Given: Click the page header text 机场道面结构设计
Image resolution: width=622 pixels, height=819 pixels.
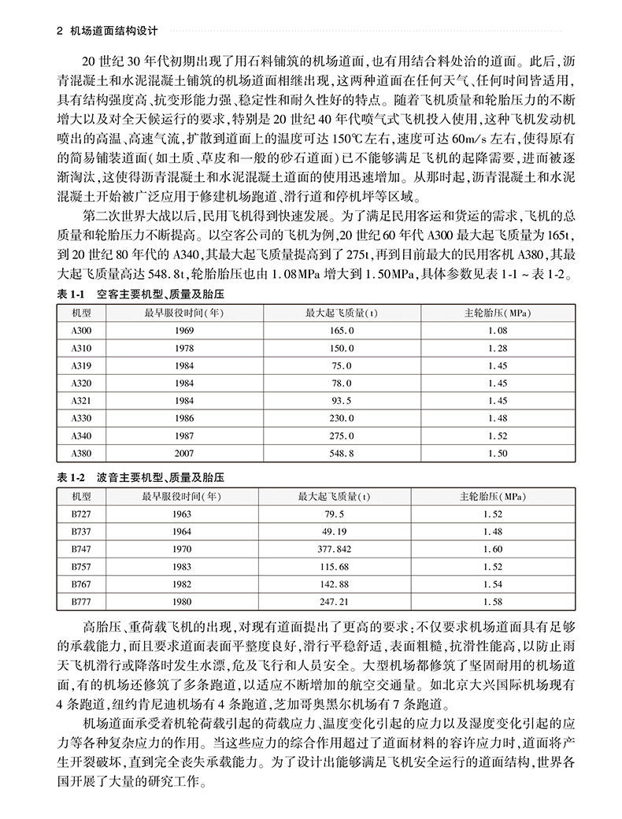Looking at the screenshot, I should pyautogui.click(x=113, y=32).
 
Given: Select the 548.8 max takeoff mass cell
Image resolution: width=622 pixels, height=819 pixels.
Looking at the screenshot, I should pyautogui.click(x=341, y=454).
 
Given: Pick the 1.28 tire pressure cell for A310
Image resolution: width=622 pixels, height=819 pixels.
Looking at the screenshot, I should pyautogui.click(x=497, y=348).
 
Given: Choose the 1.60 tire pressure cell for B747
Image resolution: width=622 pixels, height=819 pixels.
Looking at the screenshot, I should pyautogui.click(x=492, y=550).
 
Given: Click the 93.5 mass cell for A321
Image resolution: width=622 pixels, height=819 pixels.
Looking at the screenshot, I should pyautogui.click(x=341, y=401).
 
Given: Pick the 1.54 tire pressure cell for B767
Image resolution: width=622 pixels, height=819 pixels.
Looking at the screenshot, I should pyautogui.click(x=492, y=584).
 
